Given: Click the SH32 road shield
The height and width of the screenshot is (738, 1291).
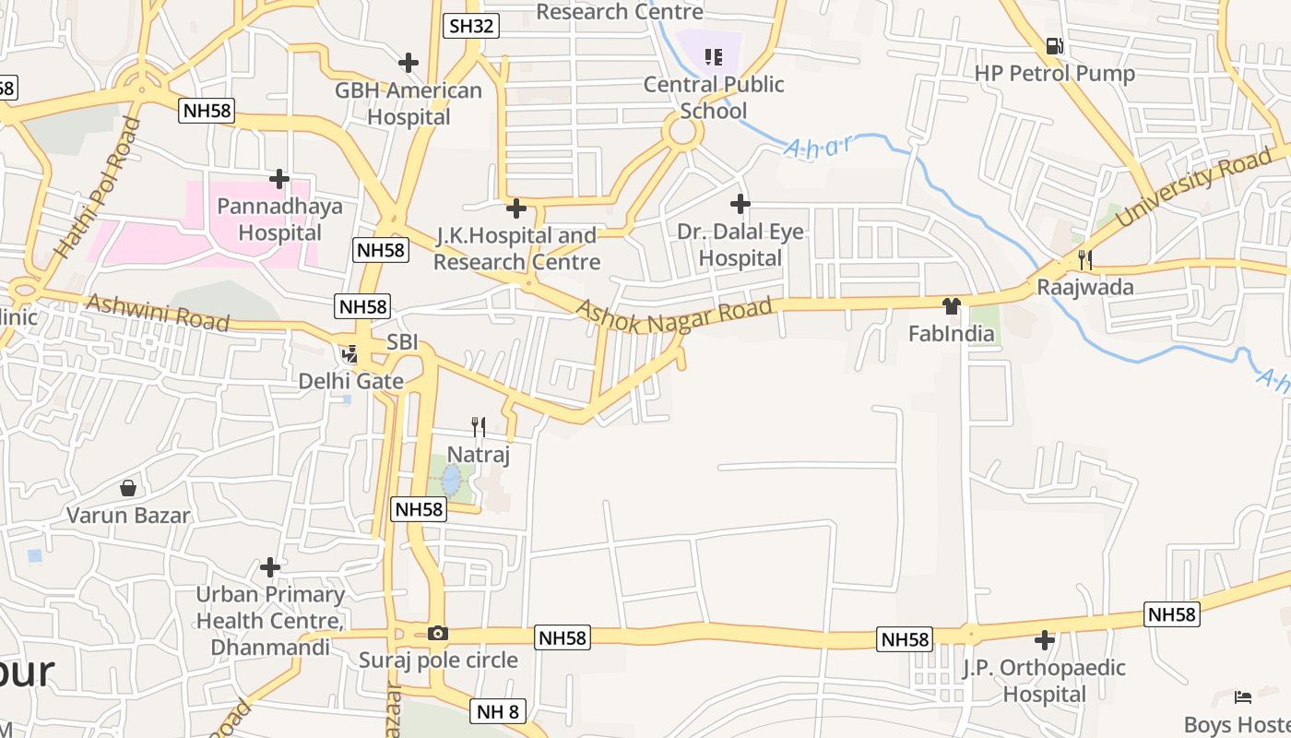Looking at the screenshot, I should (470, 25).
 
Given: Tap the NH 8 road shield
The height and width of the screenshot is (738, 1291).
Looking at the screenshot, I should (499, 710).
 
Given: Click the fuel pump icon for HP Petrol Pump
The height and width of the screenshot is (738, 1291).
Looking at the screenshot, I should (1054, 45).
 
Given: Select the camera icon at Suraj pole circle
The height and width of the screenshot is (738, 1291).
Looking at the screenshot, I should (438, 633).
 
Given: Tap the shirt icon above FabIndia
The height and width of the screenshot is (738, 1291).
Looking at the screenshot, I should (952, 305).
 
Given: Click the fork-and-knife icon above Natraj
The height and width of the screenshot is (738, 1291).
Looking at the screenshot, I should (478, 426).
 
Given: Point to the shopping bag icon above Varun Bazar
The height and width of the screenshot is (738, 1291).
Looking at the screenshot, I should (128, 487).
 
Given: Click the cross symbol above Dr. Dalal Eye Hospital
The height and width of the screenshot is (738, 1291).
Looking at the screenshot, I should (740, 204).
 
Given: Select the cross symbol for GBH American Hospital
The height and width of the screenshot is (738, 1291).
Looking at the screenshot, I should (408, 63).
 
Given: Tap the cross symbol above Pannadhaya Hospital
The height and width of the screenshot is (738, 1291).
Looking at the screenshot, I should (278, 178).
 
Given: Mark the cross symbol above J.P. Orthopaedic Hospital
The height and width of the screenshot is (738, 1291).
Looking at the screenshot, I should (1044, 639).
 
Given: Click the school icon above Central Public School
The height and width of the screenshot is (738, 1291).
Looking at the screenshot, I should (713, 57).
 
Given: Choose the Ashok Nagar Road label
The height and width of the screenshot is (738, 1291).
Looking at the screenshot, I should (673, 316).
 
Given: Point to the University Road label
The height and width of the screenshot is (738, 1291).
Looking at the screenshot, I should (1194, 189).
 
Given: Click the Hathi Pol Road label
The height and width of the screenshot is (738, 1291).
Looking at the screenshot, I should (97, 187).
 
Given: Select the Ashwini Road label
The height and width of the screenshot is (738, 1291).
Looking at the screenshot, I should (157, 312).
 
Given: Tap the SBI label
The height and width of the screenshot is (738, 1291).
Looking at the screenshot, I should (402, 342).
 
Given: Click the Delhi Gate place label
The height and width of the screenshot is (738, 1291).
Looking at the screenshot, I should (350, 381).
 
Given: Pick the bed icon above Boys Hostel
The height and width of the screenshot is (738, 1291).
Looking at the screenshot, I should (1243, 696).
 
